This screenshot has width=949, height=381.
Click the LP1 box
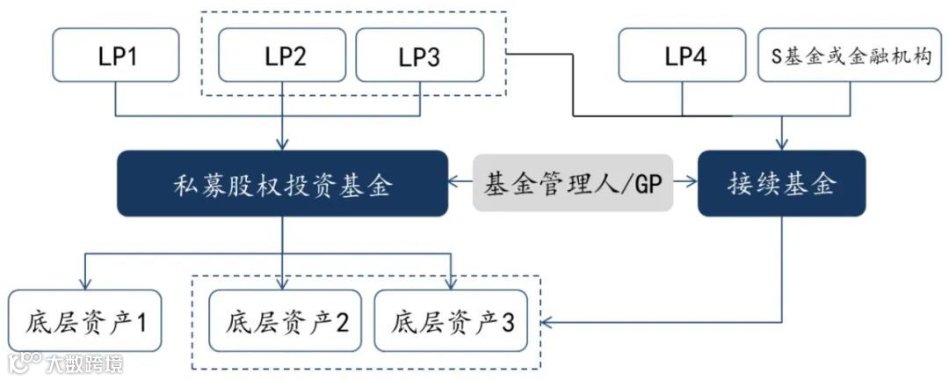(116, 56)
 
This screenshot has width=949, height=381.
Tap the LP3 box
(419, 56)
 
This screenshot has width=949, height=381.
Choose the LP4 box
(685, 56)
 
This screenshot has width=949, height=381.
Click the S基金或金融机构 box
(851, 56)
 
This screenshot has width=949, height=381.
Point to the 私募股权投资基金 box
(282, 184)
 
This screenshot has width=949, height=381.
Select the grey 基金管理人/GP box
(573, 184)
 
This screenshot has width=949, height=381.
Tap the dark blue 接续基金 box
(781, 184)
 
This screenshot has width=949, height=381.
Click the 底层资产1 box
(84, 321)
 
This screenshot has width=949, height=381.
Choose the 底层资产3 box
(451, 321)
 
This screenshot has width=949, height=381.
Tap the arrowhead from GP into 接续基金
(692, 184)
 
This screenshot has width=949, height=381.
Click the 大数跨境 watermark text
(84, 363)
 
